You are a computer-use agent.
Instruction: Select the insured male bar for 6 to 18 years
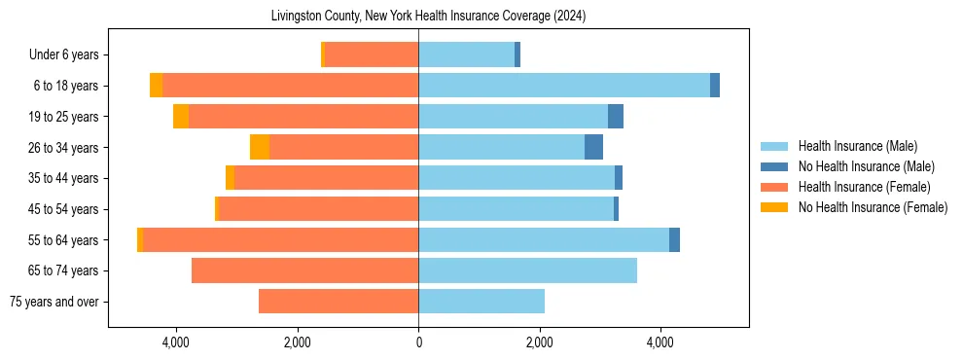(564, 86)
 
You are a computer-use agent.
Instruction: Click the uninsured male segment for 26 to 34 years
(593, 147)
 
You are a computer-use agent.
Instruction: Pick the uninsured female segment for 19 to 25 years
(181, 117)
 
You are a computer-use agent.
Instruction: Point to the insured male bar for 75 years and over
(481, 302)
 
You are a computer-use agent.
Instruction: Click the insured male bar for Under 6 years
(467, 54)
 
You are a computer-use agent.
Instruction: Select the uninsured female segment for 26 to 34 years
(260, 147)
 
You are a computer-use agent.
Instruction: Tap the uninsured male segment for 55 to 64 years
(674, 240)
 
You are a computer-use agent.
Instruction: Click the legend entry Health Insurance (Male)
(857, 146)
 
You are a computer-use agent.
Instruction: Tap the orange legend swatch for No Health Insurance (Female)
(773, 207)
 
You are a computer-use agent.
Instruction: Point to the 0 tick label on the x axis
(418, 342)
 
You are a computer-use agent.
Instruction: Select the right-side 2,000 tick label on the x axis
(540, 342)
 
